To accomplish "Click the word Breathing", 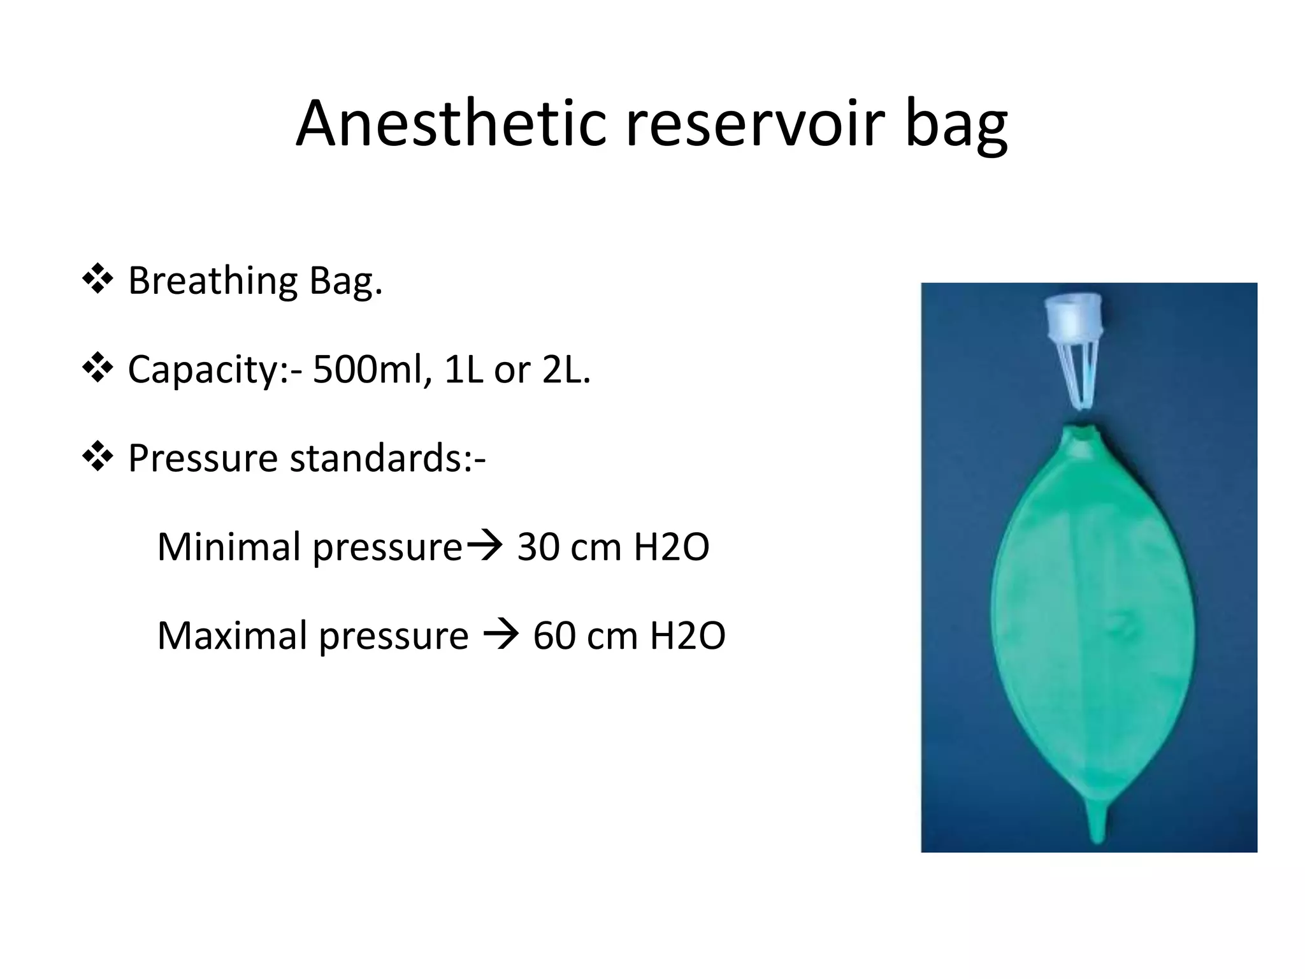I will click(213, 281).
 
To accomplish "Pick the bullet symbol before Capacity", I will click(97, 368).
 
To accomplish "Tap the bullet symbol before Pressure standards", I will click(97, 456).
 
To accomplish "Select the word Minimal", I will click(229, 547).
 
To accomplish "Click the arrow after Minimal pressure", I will click(485, 546).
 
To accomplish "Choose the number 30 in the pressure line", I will click(538, 547).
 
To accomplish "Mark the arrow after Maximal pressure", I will click(501, 635).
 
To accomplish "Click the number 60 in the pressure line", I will click(554, 635).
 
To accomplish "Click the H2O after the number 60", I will click(687, 635).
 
